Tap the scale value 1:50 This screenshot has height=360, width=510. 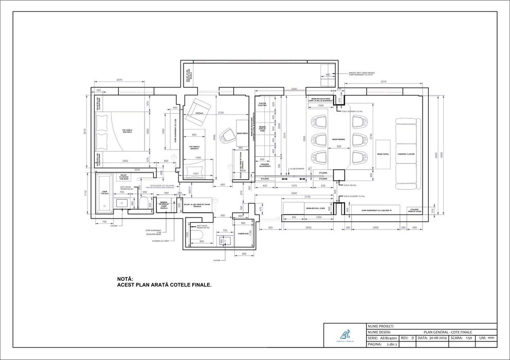(468, 338)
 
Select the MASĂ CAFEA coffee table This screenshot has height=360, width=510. (383, 154)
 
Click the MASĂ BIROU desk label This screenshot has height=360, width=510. (243, 133)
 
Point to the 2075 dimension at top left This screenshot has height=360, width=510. (119, 80)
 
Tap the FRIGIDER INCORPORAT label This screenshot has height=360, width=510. (265, 166)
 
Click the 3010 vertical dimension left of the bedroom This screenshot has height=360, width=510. (85, 132)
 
